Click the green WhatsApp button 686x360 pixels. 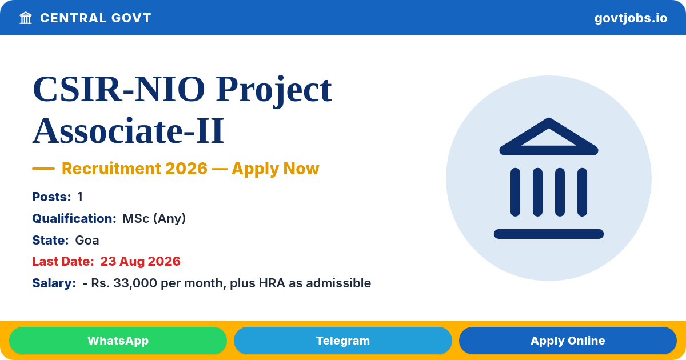tap(118, 341)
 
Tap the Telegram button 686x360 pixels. tap(342, 341)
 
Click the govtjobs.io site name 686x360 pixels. tap(631, 18)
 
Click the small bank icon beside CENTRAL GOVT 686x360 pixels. tap(26, 18)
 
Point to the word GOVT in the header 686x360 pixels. tap(131, 18)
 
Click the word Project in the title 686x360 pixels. tap(274, 91)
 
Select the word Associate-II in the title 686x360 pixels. tap(128, 131)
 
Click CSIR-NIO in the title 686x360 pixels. tap(119, 89)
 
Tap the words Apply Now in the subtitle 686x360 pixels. tap(276, 169)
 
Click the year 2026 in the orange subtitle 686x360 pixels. tap(186, 169)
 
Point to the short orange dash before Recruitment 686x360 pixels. tap(43, 169)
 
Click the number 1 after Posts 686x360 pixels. tap(80, 197)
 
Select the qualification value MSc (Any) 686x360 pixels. tap(154, 218)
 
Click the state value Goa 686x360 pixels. tap(87, 241)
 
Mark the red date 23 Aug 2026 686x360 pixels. tap(140, 262)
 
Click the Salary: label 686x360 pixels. tap(54, 283)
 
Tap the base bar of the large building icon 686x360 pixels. tap(548, 234)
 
